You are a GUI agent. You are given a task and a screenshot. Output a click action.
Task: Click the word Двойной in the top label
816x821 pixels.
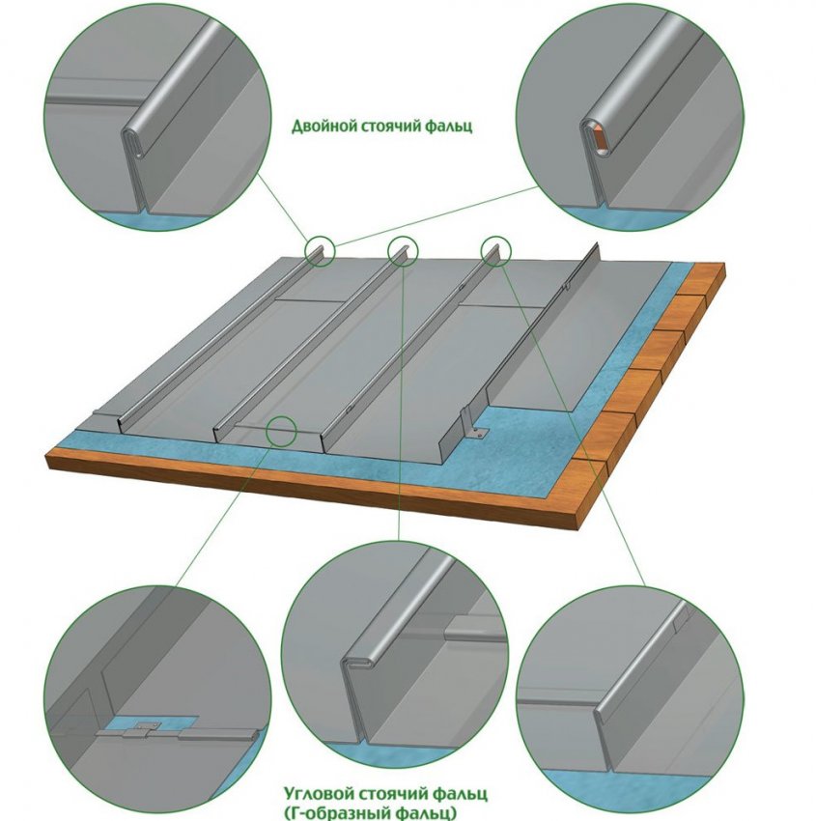pyautogui.click(x=324, y=127)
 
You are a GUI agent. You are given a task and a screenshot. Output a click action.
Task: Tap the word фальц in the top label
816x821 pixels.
pyautogui.click(x=448, y=127)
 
